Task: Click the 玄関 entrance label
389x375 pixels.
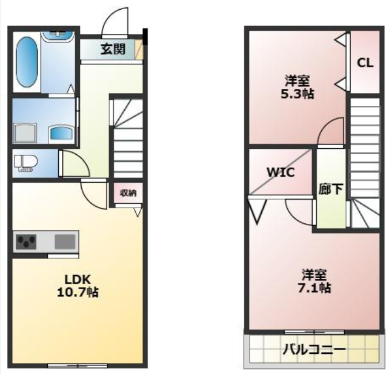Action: [113, 49]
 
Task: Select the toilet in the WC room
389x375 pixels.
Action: [26, 163]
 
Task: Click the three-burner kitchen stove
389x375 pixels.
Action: [26, 242]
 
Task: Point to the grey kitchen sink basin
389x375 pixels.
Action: [65, 242]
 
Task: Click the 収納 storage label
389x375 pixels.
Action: [128, 193]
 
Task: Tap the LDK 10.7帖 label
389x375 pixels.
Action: [78, 286]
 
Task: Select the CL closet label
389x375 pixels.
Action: [365, 63]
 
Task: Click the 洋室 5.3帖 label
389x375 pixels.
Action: [298, 87]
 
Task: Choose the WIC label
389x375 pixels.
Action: [281, 172]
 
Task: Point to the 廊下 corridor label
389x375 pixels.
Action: [331, 189]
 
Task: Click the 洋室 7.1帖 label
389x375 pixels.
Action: [314, 281]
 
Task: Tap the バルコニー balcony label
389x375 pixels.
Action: [314, 350]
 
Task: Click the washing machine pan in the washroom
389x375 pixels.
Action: [25, 134]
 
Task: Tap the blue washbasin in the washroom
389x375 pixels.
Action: [61, 134]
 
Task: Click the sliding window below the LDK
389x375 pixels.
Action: [78, 365]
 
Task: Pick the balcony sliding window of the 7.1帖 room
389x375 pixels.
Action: [314, 332]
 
